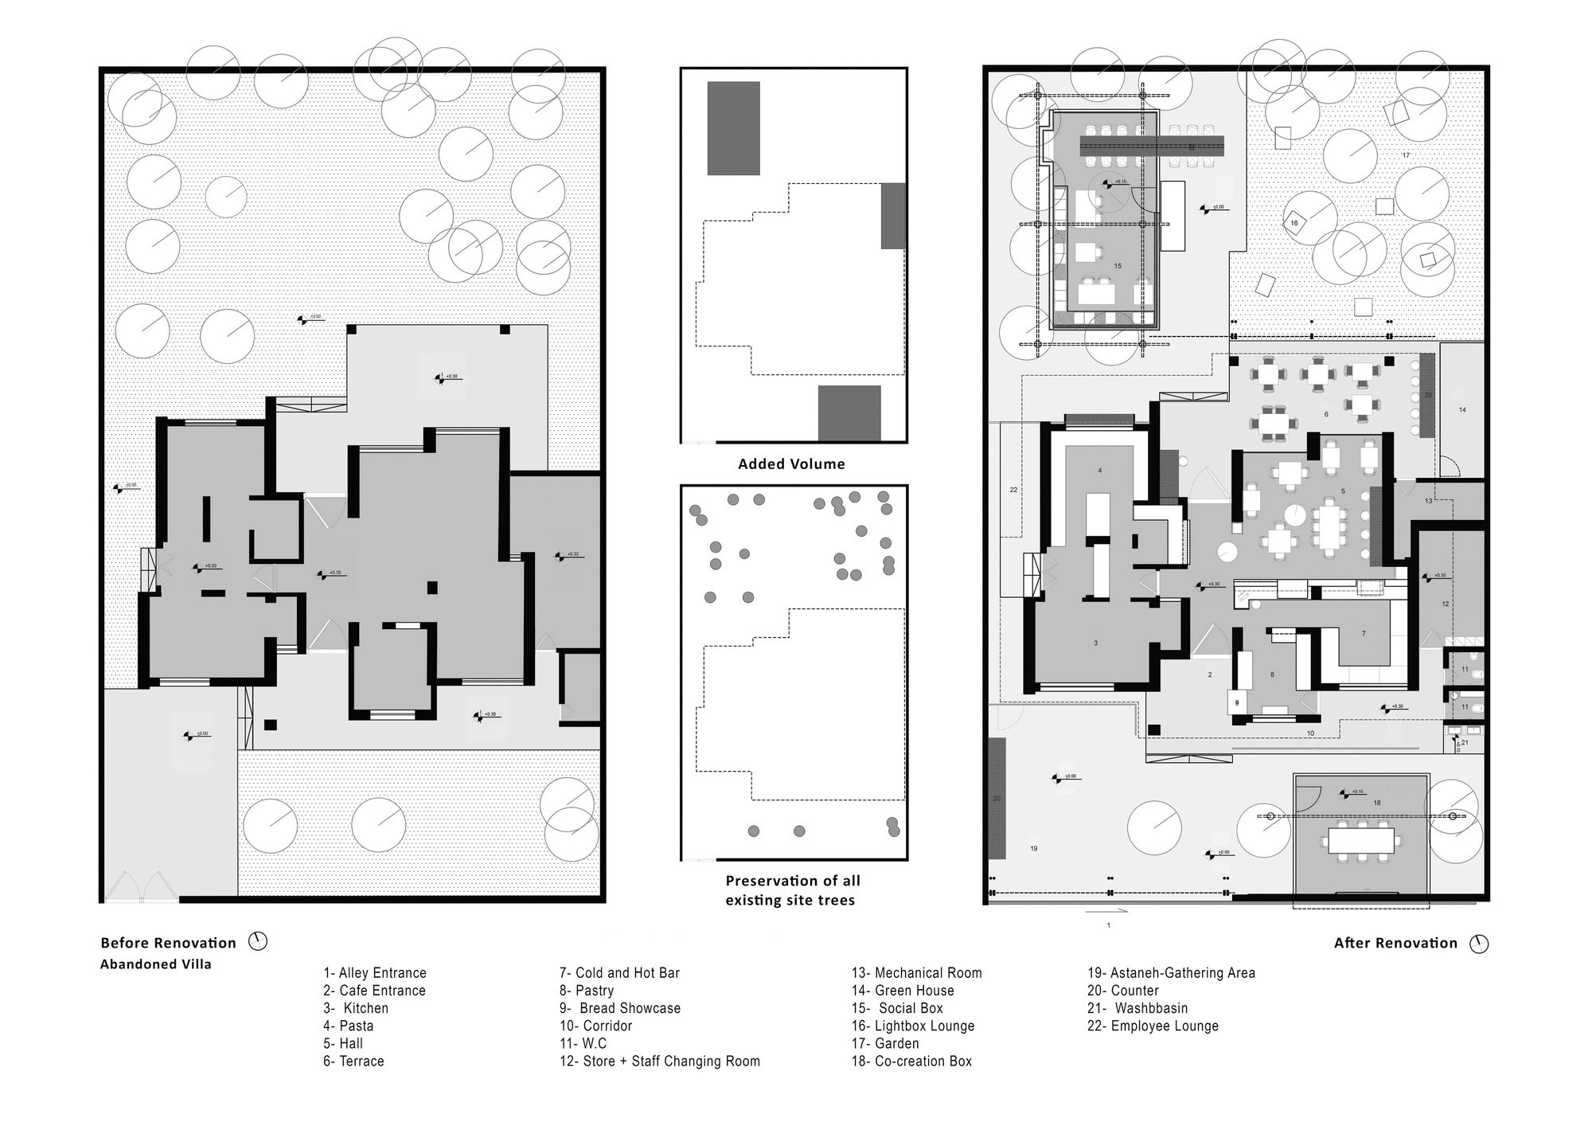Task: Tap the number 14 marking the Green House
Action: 1462,410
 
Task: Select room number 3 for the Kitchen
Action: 1095,643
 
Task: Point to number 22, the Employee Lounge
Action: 1013,490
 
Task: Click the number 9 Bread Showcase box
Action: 1237,703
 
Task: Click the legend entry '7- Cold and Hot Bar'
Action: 619,973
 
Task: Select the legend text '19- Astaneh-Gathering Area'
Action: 1171,973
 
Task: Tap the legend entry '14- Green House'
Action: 903,991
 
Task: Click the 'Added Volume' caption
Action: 791,463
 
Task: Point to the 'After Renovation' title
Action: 1395,943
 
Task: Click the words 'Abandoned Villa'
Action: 155,964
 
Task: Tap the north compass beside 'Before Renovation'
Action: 258,941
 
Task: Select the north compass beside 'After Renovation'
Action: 1479,944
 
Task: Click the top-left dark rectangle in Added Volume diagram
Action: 733,128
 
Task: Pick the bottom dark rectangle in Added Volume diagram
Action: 849,412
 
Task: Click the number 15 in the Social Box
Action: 1118,266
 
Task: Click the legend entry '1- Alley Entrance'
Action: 375,973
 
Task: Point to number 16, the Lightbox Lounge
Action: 1293,223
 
